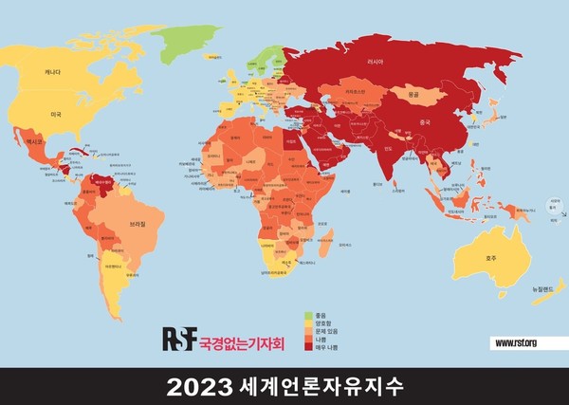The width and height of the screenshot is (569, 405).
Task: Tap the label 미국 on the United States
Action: [56, 114]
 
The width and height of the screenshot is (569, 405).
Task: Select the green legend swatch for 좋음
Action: [309, 315]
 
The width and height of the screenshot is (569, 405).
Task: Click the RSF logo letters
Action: [179, 338]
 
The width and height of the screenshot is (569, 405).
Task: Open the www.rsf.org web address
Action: [516, 342]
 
